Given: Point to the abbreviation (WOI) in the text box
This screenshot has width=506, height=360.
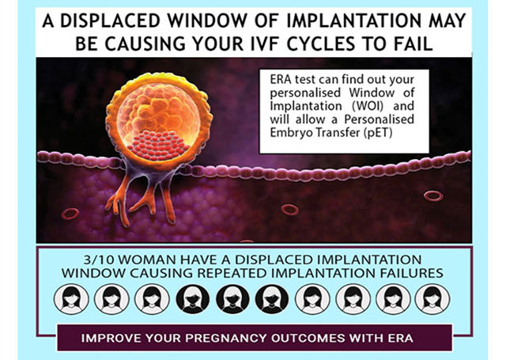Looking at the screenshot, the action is (x=366, y=106).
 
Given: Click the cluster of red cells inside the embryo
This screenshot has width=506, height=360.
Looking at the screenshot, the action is (x=158, y=145).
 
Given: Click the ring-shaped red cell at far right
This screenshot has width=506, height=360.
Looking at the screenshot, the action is (x=433, y=195).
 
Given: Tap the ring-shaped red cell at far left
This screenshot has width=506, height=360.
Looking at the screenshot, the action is (x=70, y=214).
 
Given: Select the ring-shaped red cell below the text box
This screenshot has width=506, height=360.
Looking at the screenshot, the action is (x=290, y=209).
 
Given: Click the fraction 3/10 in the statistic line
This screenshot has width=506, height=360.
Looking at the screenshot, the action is (x=97, y=260).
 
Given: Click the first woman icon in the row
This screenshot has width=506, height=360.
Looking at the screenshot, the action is (x=71, y=298).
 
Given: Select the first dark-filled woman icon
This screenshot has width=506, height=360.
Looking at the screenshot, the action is (x=193, y=298).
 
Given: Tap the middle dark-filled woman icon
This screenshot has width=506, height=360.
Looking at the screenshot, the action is (x=232, y=298).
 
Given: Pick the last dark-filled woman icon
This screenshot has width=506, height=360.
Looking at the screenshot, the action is (x=272, y=298).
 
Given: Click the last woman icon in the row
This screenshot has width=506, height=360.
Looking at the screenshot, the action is (x=432, y=298).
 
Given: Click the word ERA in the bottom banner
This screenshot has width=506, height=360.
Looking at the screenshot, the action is (x=401, y=338).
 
